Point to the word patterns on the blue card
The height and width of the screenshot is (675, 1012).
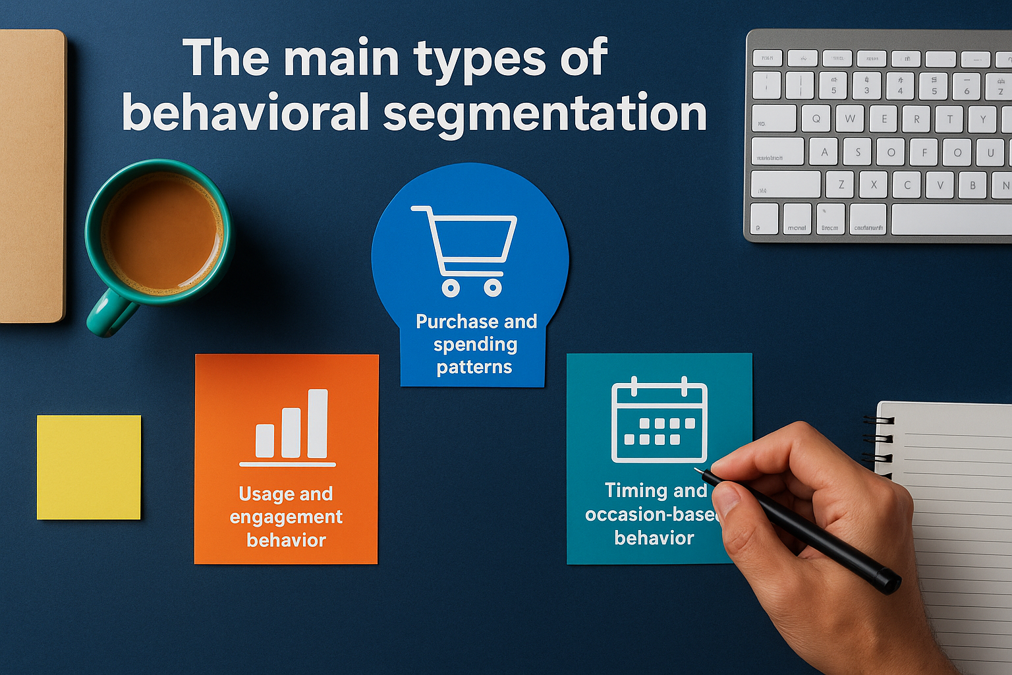click(474, 367)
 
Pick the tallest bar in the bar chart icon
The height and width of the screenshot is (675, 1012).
click(318, 423)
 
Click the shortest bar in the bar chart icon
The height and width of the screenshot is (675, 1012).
click(265, 440)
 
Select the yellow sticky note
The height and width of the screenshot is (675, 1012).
click(89, 467)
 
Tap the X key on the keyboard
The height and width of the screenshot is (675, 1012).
click(874, 185)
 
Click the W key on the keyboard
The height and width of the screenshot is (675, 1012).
click(850, 119)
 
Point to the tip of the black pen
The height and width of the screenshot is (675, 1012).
click(697, 469)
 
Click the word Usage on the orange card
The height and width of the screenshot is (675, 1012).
click(266, 494)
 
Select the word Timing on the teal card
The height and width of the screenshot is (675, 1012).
click(636, 490)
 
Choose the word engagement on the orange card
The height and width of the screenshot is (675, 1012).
click(286, 517)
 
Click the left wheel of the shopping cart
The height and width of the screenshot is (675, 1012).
click(451, 287)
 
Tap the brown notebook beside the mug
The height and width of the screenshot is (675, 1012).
click(32, 176)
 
